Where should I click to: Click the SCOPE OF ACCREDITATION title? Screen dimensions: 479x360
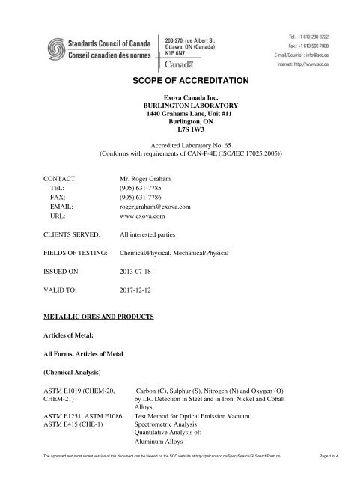[x=180, y=79]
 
